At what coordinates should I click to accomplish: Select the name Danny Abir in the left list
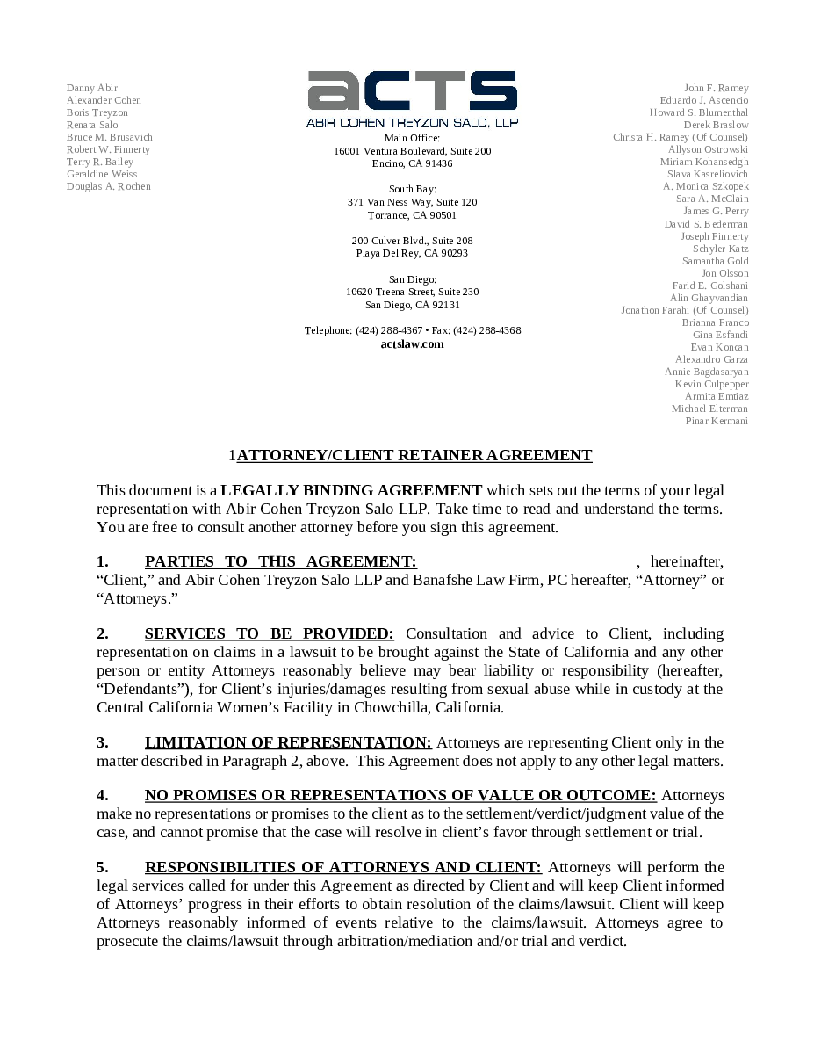tap(91, 88)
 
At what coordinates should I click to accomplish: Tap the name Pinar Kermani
tap(717, 422)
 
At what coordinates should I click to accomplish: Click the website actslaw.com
tap(412, 344)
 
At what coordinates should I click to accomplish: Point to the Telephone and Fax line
tap(412, 331)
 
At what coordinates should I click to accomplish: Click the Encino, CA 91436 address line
tap(412, 164)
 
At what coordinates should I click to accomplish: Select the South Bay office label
tap(412, 190)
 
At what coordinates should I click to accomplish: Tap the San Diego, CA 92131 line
tap(412, 306)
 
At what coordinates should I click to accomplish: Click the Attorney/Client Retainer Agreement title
tap(414, 455)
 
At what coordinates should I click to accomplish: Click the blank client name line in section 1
tap(532, 562)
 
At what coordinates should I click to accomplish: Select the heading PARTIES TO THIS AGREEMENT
tap(280, 562)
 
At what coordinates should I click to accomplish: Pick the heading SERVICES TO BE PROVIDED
tap(269, 634)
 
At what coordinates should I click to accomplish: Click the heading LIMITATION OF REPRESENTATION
tap(288, 743)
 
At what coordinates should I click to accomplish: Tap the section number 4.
tap(103, 796)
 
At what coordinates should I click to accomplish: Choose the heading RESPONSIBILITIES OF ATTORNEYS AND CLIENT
tap(343, 868)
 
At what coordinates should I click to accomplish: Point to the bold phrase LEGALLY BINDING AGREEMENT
tap(351, 491)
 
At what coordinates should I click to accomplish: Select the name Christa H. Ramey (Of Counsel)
tap(681, 137)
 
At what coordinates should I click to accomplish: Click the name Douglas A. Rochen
tap(108, 187)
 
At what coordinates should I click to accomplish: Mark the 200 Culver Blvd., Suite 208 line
tap(412, 241)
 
